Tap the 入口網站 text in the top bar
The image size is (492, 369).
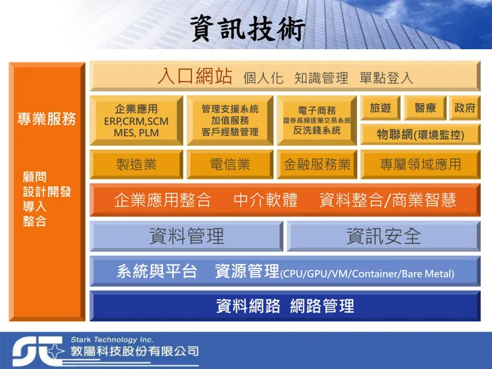click(x=195, y=76)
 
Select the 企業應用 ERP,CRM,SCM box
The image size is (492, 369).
click(x=136, y=120)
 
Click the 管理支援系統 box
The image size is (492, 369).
click(x=230, y=120)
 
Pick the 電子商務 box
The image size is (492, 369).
click(x=316, y=120)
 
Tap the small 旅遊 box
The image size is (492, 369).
click(x=380, y=108)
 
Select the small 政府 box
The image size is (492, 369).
click(x=465, y=108)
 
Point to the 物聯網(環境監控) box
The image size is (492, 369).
click(x=420, y=134)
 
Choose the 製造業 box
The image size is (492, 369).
click(x=136, y=164)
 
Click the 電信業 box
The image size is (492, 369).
click(x=230, y=164)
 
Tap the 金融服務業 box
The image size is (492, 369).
click(x=316, y=164)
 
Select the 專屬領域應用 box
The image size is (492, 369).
click(x=420, y=164)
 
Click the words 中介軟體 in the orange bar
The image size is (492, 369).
click(x=265, y=200)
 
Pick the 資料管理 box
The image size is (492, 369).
click(x=186, y=235)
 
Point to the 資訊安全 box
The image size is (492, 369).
click(x=383, y=235)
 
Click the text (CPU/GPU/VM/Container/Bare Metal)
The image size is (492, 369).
click(x=367, y=273)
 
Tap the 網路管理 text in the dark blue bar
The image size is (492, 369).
click(x=322, y=306)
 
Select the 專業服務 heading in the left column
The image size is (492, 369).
click(x=47, y=120)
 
